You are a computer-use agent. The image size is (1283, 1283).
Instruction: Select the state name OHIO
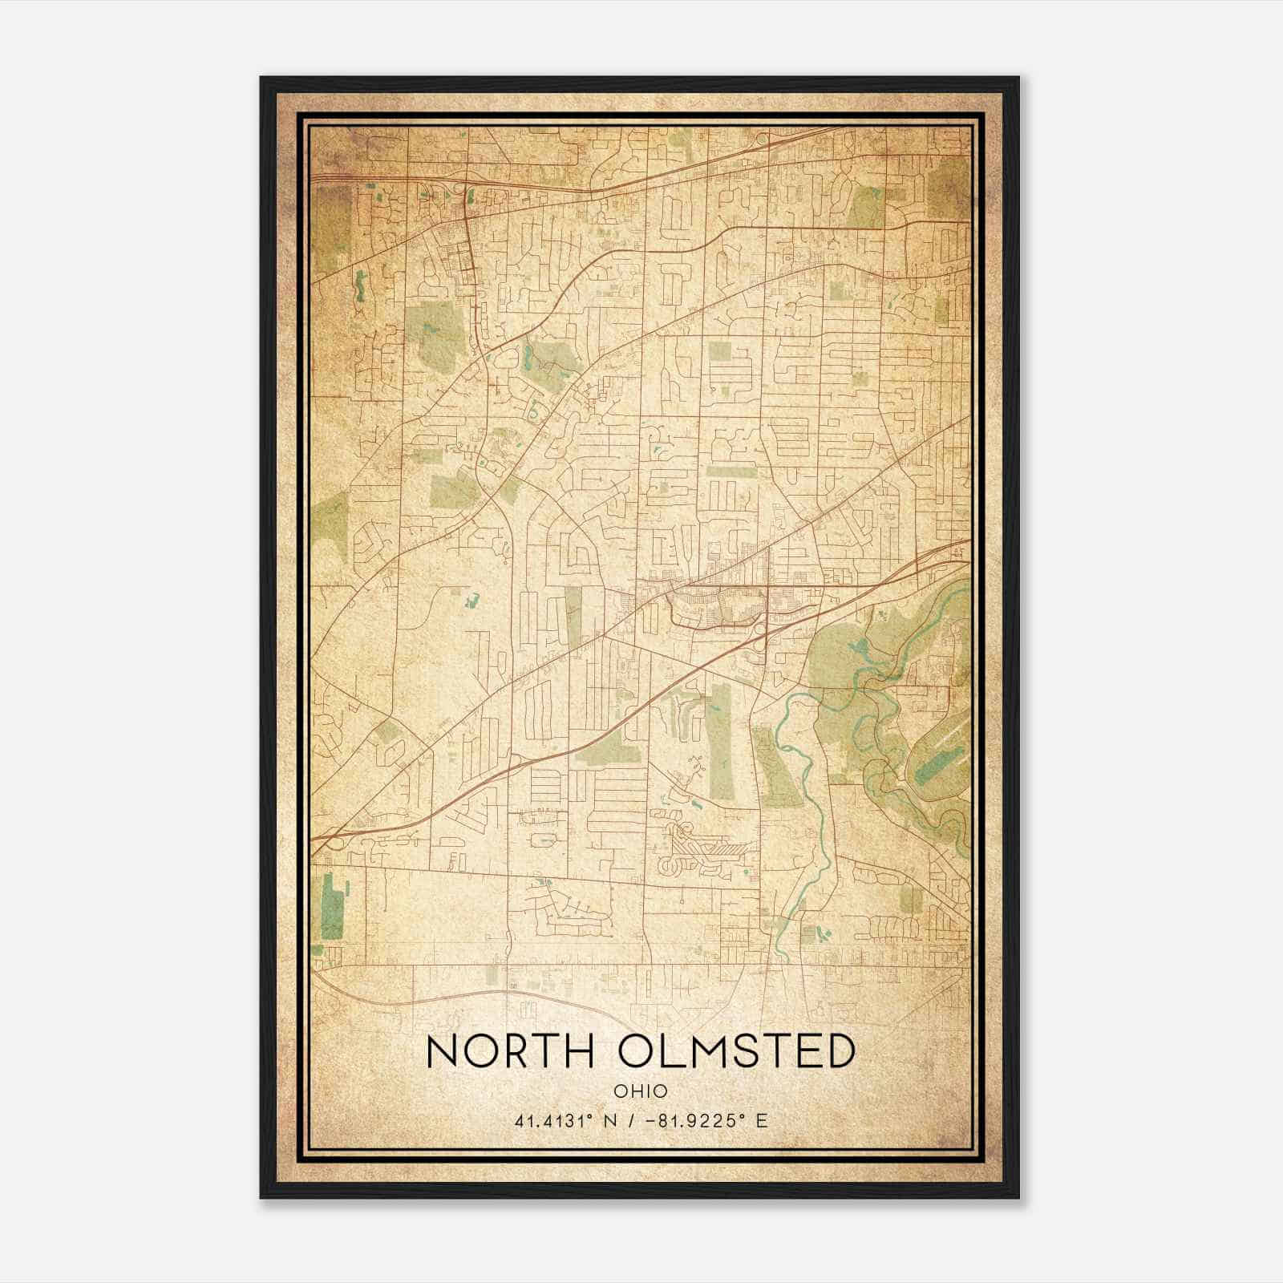pos(641,1091)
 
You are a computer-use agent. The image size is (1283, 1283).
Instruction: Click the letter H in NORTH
pos(579,1051)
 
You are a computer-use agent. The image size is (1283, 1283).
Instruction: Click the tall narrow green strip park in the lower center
pos(721,742)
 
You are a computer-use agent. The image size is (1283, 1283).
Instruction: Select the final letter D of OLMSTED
pos(838,1051)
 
